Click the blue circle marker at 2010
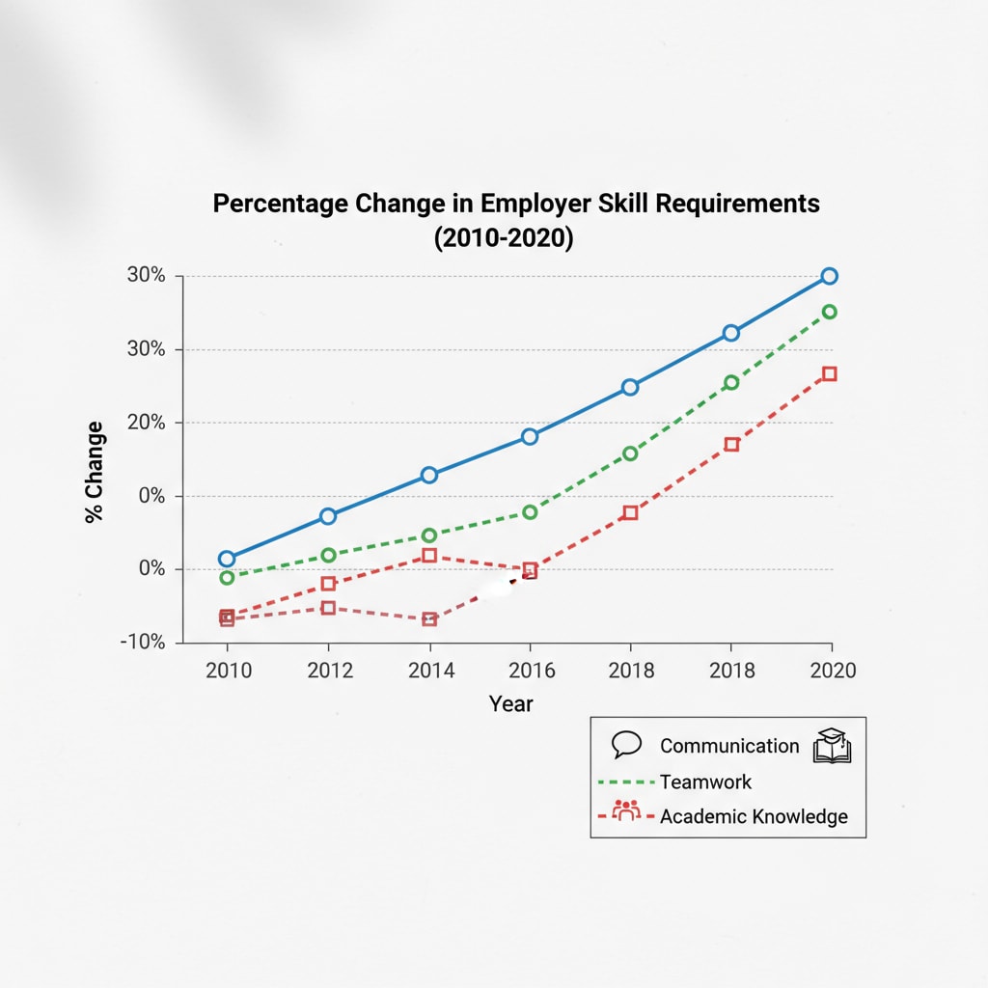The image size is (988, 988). pos(227,559)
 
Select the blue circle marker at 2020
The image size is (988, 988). pos(829,276)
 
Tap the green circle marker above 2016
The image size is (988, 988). pos(530,511)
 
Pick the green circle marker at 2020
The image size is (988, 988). pos(829,312)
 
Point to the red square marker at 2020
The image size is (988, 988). pos(829,373)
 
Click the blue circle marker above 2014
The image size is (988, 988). pos(429,475)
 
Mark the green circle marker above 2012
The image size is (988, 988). pos(328,555)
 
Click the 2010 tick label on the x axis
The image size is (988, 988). pos(228,671)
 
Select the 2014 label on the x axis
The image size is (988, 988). pos(430,671)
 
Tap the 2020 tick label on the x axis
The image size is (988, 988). pos(832,671)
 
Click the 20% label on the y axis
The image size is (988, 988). pos(149,423)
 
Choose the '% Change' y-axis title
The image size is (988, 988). pos(95,472)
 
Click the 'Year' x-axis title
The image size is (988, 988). pos(510,703)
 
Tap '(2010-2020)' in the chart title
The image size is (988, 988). pos(504,238)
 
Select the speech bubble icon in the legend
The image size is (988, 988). pos(627,745)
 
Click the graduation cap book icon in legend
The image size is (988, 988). pos(832,746)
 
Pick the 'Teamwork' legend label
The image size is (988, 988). pos(705,782)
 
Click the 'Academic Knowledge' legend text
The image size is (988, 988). pos(754,816)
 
